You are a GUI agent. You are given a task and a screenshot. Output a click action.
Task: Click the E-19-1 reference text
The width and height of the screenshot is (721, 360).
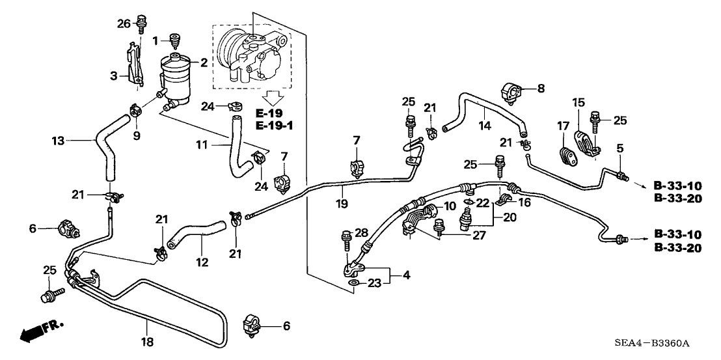coord(274,125)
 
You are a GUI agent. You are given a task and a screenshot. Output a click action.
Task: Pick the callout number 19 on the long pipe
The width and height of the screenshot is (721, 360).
coord(342,204)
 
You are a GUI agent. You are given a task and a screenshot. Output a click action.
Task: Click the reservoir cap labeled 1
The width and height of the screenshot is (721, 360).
coord(174,40)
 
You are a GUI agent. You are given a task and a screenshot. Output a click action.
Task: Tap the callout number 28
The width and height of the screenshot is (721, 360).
coord(362,233)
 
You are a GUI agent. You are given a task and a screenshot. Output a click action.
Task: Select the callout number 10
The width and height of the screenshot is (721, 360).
coord(449,206)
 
